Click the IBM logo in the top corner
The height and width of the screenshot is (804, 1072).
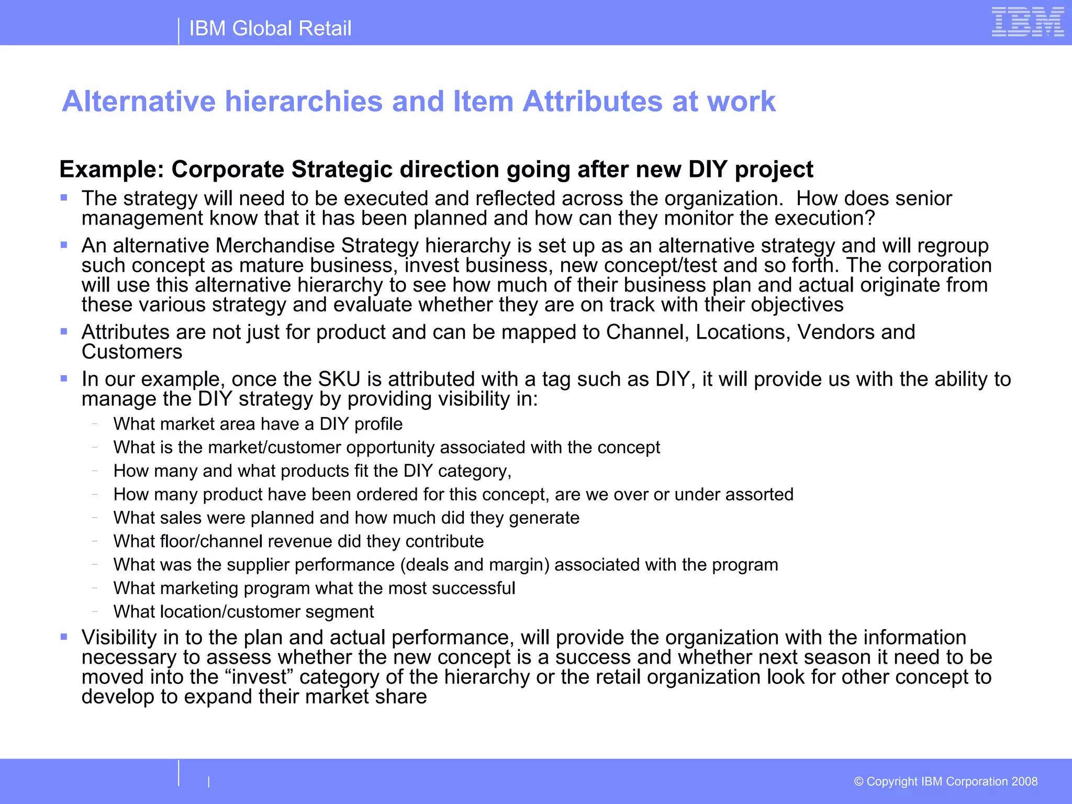click(1028, 22)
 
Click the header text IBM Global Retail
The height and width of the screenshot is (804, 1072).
click(270, 28)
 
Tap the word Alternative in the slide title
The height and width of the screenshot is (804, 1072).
click(139, 101)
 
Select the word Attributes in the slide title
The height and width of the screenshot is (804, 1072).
click(593, 101)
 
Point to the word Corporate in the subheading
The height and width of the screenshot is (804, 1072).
click(228, 170)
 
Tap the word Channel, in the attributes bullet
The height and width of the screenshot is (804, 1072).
click(647, 332)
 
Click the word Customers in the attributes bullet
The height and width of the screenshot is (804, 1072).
click(132, 352)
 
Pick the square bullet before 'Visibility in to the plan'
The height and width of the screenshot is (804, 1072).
click(64, 637)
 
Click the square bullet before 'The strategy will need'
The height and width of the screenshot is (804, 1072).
click(64, 198)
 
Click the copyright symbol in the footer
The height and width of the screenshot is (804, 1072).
click(858, 781)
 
